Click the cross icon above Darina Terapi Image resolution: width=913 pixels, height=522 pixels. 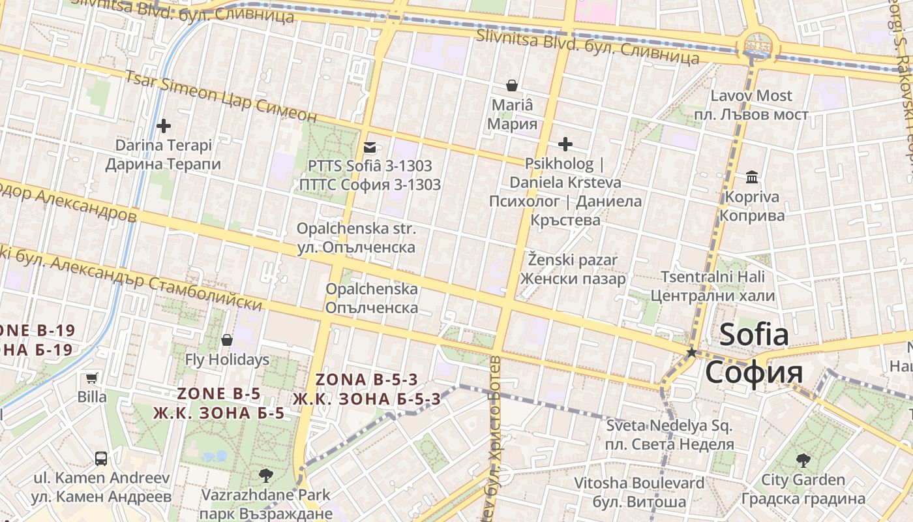click(164, 125)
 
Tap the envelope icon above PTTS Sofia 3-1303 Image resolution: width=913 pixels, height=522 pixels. click(370, 147)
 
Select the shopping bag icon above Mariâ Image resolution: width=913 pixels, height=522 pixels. click(513, 85)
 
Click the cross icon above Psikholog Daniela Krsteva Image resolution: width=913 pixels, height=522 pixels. click(565, 144)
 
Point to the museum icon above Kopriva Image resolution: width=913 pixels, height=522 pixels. click(752, 177)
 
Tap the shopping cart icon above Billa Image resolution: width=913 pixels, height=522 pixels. click(92, 378)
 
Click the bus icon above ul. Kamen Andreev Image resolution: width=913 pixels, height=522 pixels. click(101, 458)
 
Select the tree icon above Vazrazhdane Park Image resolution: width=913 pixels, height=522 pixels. click(265, 475)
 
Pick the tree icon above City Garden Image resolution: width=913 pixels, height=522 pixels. click(803, 460)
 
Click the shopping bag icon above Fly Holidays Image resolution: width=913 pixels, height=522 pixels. click(227, 340)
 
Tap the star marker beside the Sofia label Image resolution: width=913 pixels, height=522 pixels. click(691, 352)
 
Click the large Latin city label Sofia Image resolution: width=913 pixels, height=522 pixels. click(754, 335)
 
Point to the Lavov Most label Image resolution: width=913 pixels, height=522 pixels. click(751, 96)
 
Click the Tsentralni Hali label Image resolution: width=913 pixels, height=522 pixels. click(713, 277)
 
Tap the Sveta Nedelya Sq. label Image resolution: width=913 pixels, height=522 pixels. click(669, 426)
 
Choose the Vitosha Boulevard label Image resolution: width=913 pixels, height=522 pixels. click(639, 484)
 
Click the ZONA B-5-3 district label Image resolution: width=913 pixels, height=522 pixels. click(367, 380)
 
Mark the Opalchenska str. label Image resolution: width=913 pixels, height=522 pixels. click(356, 229)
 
